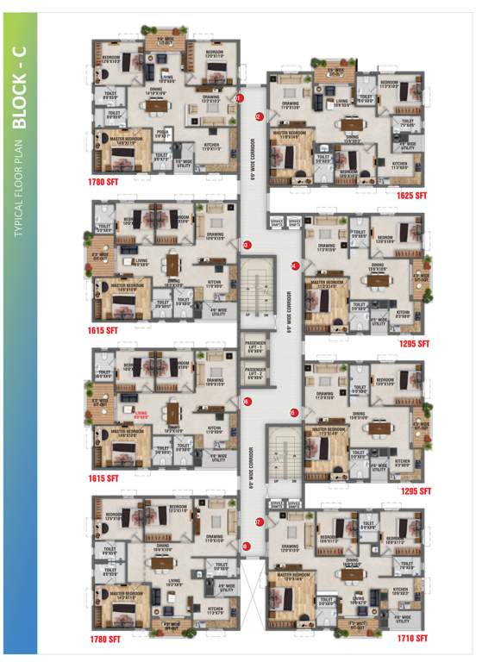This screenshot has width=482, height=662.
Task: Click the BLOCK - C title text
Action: [x=21, y=85]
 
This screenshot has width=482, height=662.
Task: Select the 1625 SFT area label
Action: [x=410, y=197]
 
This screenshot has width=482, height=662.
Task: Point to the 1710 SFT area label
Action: [x=410, y=639]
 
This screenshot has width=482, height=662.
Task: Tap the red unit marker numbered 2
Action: [x=259, y=116]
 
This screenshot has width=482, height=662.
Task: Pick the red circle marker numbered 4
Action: [x=294, y=265]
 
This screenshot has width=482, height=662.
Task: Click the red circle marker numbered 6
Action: [x=246, y=401]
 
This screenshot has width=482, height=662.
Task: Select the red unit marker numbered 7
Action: [x=258, y=521]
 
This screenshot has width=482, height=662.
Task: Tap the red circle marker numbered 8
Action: [x=246, y=545]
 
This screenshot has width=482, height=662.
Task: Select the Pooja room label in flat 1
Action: [x=160, y=133]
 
